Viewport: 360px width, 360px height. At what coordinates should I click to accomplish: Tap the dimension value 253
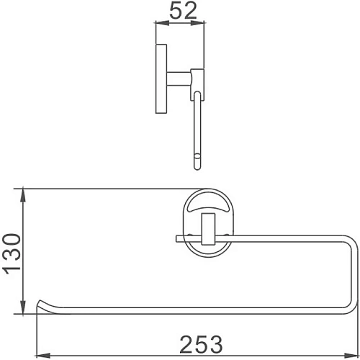click(x=194, y=344)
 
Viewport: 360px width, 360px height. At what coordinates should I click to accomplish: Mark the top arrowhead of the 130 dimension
click(x=24, y=192)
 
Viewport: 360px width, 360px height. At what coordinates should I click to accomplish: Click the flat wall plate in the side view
click(x=161, y=78)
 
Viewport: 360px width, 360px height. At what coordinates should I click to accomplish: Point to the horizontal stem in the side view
click(x=179, y=76)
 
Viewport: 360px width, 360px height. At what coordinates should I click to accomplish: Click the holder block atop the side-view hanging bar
click(x=197, y=77)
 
